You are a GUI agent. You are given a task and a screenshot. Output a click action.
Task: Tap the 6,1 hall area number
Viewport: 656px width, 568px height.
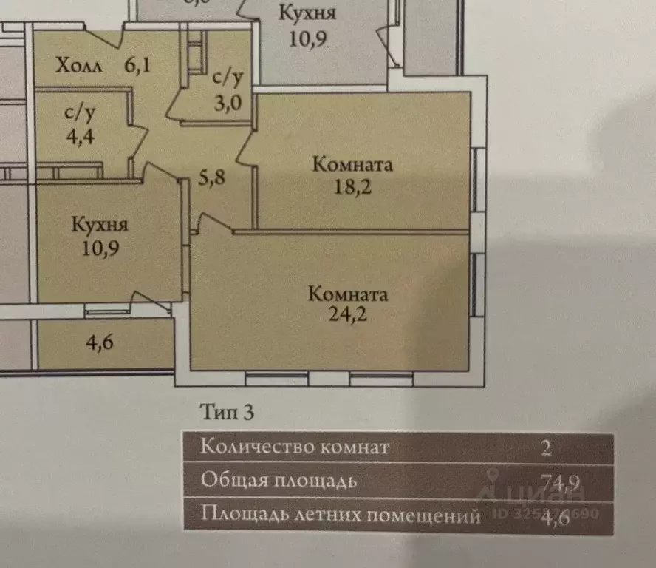(137, 66)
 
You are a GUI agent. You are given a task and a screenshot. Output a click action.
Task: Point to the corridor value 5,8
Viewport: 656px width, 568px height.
(212, 177)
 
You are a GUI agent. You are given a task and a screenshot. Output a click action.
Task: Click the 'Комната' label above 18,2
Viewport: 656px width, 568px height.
(352, 164)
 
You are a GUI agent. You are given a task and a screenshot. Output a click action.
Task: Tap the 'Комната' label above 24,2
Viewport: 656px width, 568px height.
(348, 294)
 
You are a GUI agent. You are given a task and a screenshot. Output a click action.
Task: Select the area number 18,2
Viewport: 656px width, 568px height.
(352, 186)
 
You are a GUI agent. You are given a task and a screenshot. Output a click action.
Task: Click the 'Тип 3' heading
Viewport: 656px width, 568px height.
(228, 413)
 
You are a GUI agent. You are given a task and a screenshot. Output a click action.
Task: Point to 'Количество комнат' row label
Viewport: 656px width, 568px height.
(295, 447)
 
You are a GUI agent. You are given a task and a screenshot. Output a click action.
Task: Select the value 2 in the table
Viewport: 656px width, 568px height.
(545, 447)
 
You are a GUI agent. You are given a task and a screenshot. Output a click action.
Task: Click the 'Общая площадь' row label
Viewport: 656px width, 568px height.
(279, 481)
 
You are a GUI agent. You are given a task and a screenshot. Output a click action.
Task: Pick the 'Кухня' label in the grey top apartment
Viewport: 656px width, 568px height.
(308, 13)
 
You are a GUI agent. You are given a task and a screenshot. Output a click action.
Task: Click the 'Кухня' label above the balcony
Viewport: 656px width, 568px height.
(100, 224)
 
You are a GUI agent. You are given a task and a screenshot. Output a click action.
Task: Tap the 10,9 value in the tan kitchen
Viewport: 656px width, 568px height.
(100, 246)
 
